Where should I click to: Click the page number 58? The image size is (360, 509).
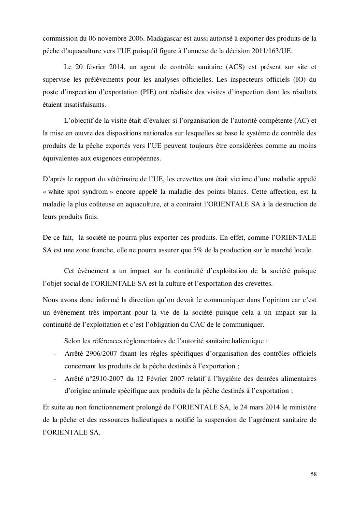click(x=313, y=474)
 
